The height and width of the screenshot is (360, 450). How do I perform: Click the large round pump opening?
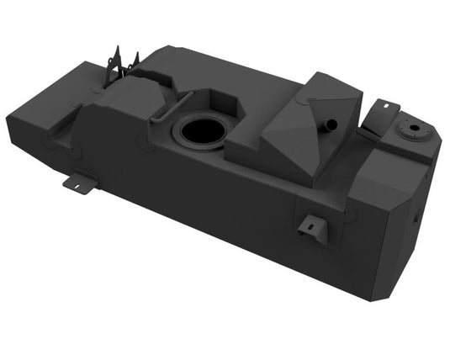coord(199,131)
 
